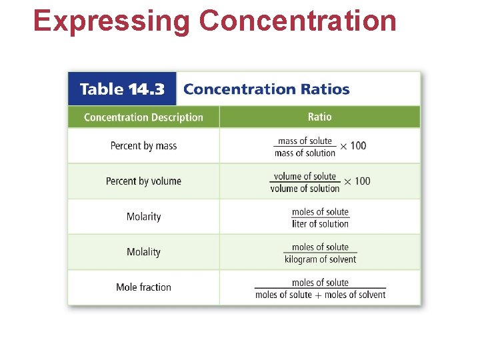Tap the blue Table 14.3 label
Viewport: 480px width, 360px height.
(x=121, y=89)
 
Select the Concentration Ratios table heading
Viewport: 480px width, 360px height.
(x=266, y=89)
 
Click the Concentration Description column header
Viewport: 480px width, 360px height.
(x=143, y=117)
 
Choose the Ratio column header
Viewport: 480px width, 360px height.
(x=319, y=117)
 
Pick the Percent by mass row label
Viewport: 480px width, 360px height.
(x=143, y=146)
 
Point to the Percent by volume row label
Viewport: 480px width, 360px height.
(x=143, y=181)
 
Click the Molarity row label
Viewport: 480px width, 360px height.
(x=143, y=217)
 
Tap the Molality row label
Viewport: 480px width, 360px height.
(x=143, y=252)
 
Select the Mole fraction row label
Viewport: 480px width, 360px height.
(x=143, y=287)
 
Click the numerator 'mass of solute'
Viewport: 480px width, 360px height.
(x=305, y=141)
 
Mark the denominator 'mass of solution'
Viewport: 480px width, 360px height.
(x=305, y=153)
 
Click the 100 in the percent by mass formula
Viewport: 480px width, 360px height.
(x=358, y=146)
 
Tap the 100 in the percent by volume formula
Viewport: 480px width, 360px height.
(x=362, y=181)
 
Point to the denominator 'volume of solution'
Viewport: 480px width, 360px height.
(x=305, y=189)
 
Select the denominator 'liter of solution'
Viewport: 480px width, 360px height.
(x=320, y=224)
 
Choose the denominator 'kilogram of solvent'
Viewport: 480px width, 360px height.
(x=320, y=259)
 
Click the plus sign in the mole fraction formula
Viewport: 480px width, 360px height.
(x=318, y=295)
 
